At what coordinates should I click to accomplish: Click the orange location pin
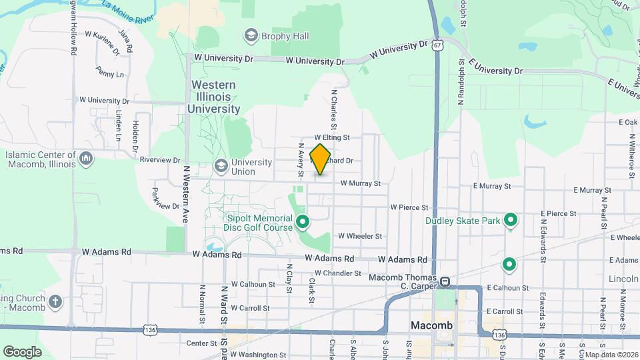pyautogui.click(x=320, y=159)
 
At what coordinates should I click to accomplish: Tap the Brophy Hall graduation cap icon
pyautogui.click(x=251, y=35)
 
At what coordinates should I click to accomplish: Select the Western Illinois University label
pyautogui.click(x=213, y=97)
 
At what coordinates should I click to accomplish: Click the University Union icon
pyautogui.click(x=221, y=165)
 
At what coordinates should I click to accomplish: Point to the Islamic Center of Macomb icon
pyautogui.click(x=85, y=158)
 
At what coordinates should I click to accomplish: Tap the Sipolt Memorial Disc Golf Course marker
pyautogui.click(x=302, y=221)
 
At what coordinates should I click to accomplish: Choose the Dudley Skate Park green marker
pyautogui.click(x=511, y=219)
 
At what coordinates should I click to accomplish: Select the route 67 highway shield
pyautogui.click(x=437, y=45)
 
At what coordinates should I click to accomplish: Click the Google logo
pyautogui.click(x=22, y=351)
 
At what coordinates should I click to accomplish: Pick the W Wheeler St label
pyautogui.click(x=360, y=236)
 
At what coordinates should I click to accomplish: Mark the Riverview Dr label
pyautogui.click(x=161, y=160)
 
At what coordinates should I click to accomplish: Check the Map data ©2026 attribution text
pyautogui.click(x=608, y=355)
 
